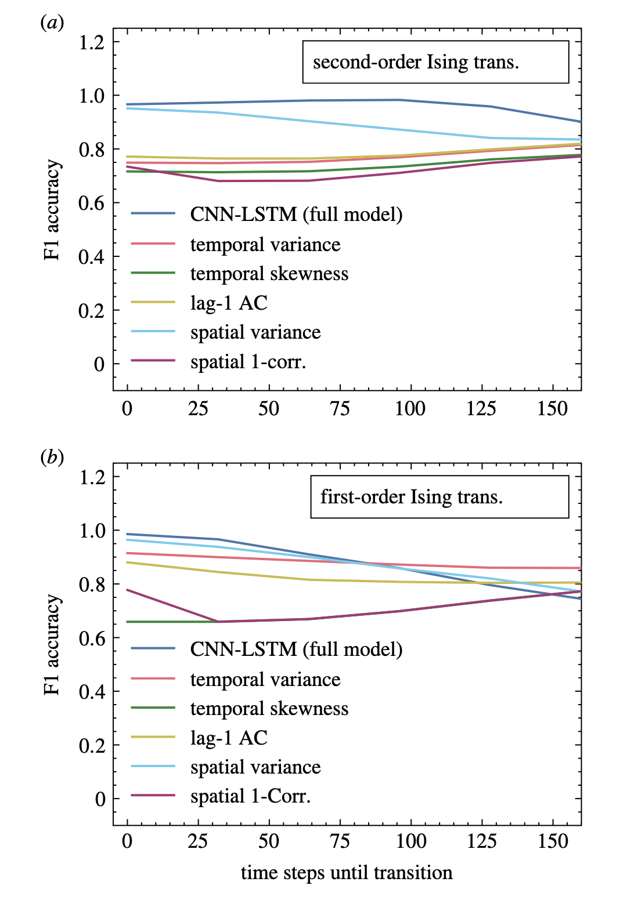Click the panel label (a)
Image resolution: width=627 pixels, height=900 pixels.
click(52, 23)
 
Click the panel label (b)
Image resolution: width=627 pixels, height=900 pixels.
click(52, 458)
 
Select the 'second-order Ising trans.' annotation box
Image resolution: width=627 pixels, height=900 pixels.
click(435, 62)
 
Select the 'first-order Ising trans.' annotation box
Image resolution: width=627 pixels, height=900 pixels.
click(439, 497)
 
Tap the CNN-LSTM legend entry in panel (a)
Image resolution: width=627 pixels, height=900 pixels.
click(296, 215)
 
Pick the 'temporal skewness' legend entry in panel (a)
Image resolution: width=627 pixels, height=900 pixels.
click(269, 274)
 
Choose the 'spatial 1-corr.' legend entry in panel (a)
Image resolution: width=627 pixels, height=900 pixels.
click(248, 362)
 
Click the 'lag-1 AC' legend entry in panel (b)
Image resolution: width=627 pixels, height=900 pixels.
click(229, 738)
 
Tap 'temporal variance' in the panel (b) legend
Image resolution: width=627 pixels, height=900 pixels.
click(265, 680)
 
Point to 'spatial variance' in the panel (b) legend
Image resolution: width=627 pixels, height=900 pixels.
click(255, 767)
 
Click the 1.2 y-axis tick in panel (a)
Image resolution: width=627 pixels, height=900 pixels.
click(92, 42)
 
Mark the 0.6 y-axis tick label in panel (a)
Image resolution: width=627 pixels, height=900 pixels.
click(92, 204)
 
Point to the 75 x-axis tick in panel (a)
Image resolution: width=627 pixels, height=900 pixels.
click(340, 409)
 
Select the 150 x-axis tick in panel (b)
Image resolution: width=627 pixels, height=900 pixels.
click(552, 841)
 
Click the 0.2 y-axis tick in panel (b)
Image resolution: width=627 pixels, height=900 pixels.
click(92, 746)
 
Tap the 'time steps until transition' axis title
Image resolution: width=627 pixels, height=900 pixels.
click(347, 873)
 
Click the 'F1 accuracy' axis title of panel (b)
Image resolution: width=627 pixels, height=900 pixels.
click(52, 644)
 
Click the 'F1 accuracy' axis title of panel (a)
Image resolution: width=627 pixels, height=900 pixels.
click(52, 210)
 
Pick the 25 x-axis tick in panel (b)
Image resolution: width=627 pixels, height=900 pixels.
click(198, 841)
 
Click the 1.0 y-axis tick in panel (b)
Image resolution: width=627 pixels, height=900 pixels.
click(92, 531)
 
